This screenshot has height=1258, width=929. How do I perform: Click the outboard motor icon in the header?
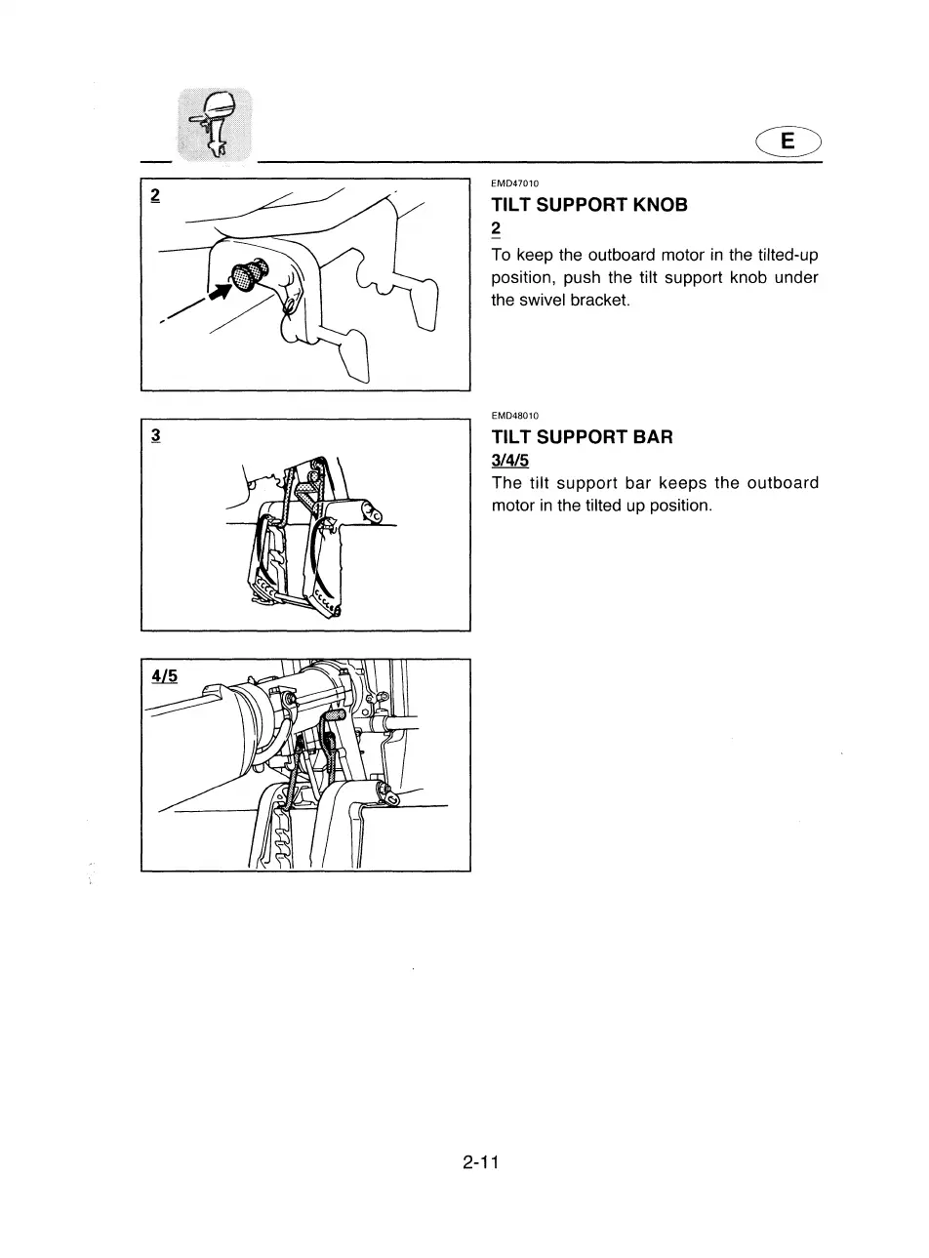pyautogui.click(x=213, y=124)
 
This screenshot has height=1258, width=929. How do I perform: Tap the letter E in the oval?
pyautogui.click(x=788, y=142)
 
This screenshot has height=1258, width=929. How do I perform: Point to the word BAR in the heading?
pyautogui.click(x=653, y=437)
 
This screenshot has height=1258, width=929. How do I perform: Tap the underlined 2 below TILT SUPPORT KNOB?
pyautogui.click(x=496, y=229)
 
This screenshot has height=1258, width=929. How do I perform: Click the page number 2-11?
pyautogui.click(x=481, y=1162)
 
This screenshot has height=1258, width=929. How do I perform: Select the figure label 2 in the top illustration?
pyautogui.click(x=155, y=195)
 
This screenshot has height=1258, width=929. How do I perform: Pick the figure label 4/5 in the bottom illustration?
pyautogui.click(x=164, y=675)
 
